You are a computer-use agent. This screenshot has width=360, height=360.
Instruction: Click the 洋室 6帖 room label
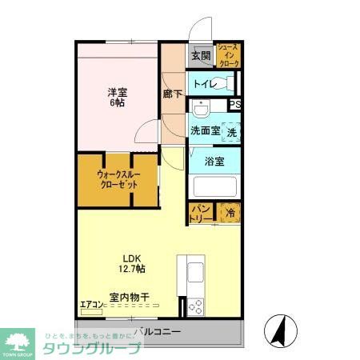tap(118, 97)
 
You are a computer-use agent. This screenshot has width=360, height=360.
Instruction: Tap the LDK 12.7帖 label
tap(134, 262)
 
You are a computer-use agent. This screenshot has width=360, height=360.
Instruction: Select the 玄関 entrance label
tap(201, 56)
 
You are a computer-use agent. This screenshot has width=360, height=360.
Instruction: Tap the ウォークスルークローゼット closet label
tap(118, 178)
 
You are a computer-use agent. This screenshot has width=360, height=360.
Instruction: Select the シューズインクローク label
tap(227, 54)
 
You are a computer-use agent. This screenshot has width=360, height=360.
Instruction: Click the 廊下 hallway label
tap(172, 94)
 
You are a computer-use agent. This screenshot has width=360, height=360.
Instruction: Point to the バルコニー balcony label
tap(158, 332)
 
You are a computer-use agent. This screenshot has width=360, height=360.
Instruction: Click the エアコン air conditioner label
tap(92, 304)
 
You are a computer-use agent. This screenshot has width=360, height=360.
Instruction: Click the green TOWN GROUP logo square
tap(18, 341)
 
